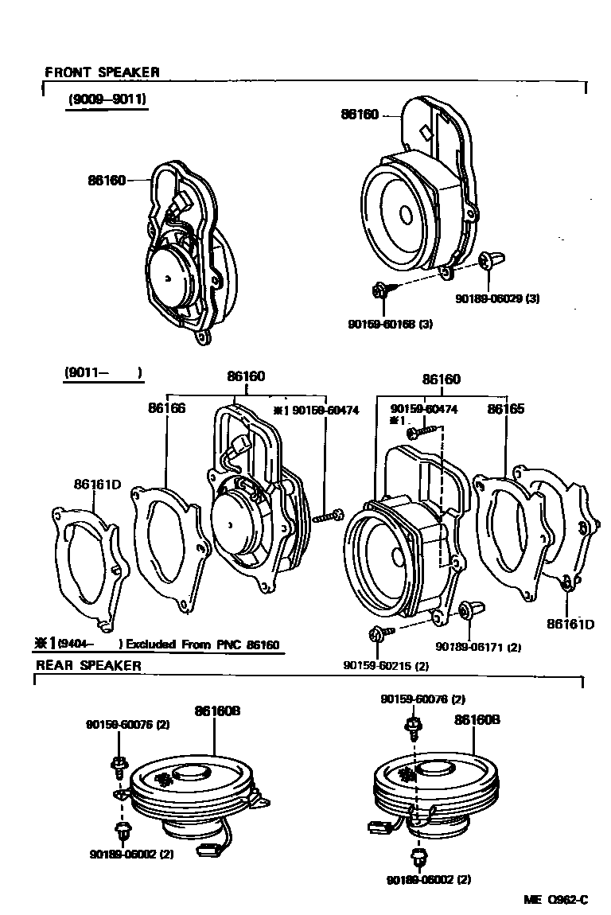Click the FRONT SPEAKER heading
102,72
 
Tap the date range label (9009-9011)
107,99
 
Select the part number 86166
166,407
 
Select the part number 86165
506,408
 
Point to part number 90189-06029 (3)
497,298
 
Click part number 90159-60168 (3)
390,324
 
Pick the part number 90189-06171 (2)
477,647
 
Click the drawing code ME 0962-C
555,899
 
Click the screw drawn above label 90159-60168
380,290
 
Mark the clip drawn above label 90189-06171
465,611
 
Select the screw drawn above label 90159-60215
377,634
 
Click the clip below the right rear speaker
419,858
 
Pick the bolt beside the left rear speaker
117,765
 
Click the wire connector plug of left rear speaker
208,851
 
